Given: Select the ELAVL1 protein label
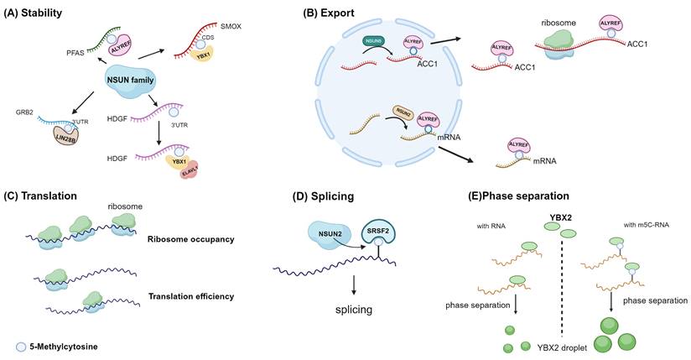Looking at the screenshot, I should (x=193, y=170).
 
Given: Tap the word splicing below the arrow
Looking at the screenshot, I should (x=351, y=310).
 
